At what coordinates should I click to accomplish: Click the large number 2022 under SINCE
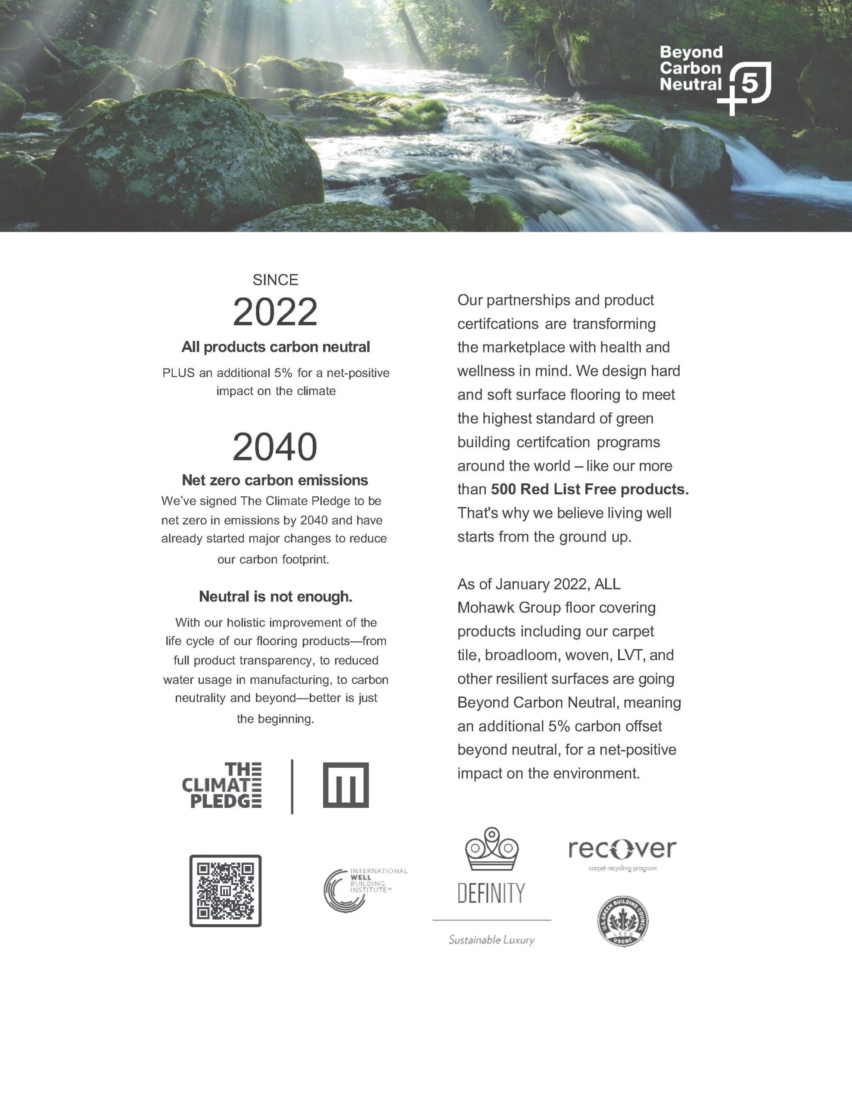pyautogui.click(x=275, y=312)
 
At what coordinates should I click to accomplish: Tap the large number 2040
pyautogui.click(x=275, y=447)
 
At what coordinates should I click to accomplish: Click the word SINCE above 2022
pyautogui.click(x=275, y=280)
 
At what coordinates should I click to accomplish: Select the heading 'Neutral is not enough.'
pyautogui.click(x=275, y=596)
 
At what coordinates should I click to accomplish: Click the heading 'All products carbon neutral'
pyautogui.click(x=275, y=347)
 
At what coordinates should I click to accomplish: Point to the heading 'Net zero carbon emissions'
pyautogui.click(x=275, y=480)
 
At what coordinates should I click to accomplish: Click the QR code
pyautogui.click(x=225, y=891)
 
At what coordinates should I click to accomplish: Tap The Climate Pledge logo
pyautogui.click(x=222, y=785)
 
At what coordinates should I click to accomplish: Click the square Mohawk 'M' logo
pyautogui.click(x=346, y=785)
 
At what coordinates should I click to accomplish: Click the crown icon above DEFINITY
pyautogui.click(x=492, y=850)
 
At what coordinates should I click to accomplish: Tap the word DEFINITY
pyautogui.click(x=491, y=893)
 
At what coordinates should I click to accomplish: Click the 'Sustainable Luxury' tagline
pyautogui.click(x=491, y=940)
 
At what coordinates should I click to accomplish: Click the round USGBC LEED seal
pyautogui.click(x=623, y=921)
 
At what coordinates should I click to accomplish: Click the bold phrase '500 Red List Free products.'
pyautogui.click(x=589, y=489)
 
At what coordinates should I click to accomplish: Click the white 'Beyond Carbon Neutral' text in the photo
pyautogui.click(x=691, y=68)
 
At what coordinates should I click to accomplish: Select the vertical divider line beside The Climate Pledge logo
pyautogui.click(x=292, y=786)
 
